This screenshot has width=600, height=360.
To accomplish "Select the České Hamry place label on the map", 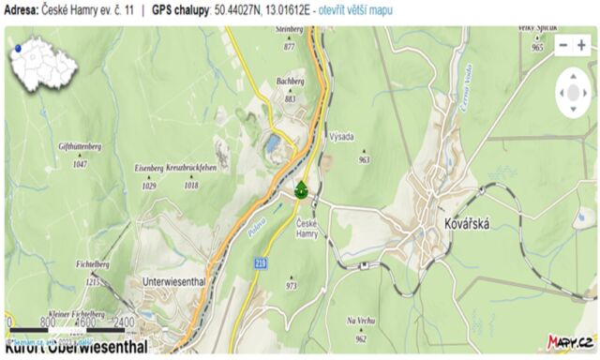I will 307,228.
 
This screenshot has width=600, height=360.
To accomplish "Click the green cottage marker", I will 301,190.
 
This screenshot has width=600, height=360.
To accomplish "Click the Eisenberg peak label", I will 149,168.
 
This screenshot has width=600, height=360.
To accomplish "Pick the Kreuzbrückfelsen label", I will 191,168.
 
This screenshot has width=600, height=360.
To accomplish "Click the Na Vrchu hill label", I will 361,321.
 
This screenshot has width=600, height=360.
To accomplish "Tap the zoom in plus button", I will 582,45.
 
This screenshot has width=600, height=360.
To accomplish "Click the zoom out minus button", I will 563,45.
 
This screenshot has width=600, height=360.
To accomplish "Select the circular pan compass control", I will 573,93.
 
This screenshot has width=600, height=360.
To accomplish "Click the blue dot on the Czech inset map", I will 17,46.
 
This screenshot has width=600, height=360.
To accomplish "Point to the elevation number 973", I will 292,285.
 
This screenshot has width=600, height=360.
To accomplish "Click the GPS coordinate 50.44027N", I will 242,9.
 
